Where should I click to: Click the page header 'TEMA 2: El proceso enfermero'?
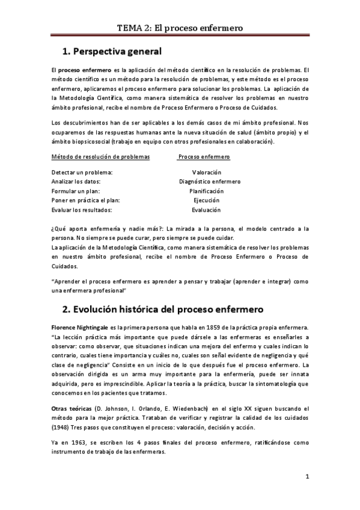tap(180, 28)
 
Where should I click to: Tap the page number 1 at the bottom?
tap(307, 478)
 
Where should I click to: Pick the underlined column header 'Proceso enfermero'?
tap(204, 156)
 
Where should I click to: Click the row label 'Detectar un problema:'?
tap(82, 171)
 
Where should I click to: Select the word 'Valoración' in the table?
tap(206, 171)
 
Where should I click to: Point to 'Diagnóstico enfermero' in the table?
tap(210, 181)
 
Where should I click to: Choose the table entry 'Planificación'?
tap(206, 191)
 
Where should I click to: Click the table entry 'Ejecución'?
tap(206, 200)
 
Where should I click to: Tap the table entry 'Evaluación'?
tap(206, 210)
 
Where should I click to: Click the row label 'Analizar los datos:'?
tap(76, 181)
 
